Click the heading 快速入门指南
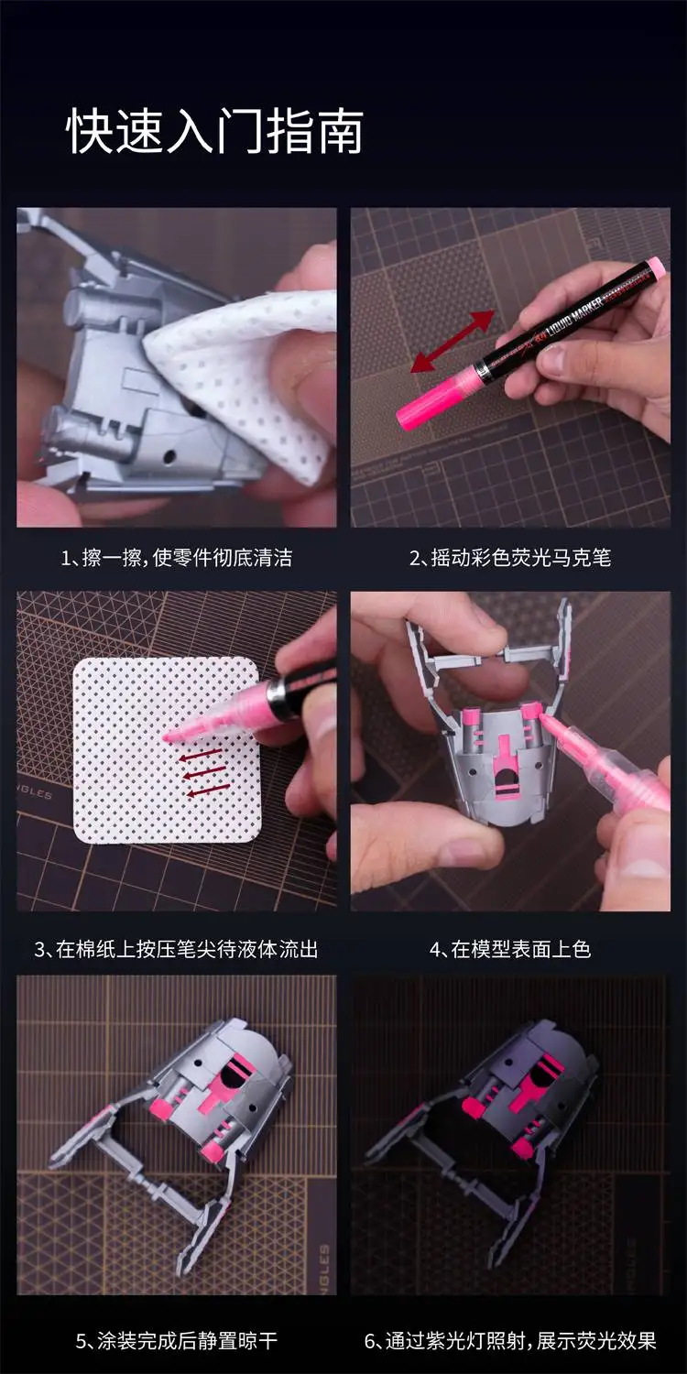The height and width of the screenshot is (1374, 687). point(214,131)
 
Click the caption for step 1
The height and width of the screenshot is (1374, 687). point(177,558)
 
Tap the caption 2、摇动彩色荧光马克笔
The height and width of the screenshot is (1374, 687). point(510,558)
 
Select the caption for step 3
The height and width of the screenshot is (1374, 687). point(177,949)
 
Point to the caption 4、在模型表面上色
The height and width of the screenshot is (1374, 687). point(510,949)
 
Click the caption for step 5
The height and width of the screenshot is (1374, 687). point(177,1340)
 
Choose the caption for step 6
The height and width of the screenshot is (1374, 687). point(510,1340)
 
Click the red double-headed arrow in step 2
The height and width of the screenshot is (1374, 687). point(453,341)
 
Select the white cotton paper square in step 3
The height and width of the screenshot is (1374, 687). point(167,750)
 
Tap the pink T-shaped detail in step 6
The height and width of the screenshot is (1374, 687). point(526,1093)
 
